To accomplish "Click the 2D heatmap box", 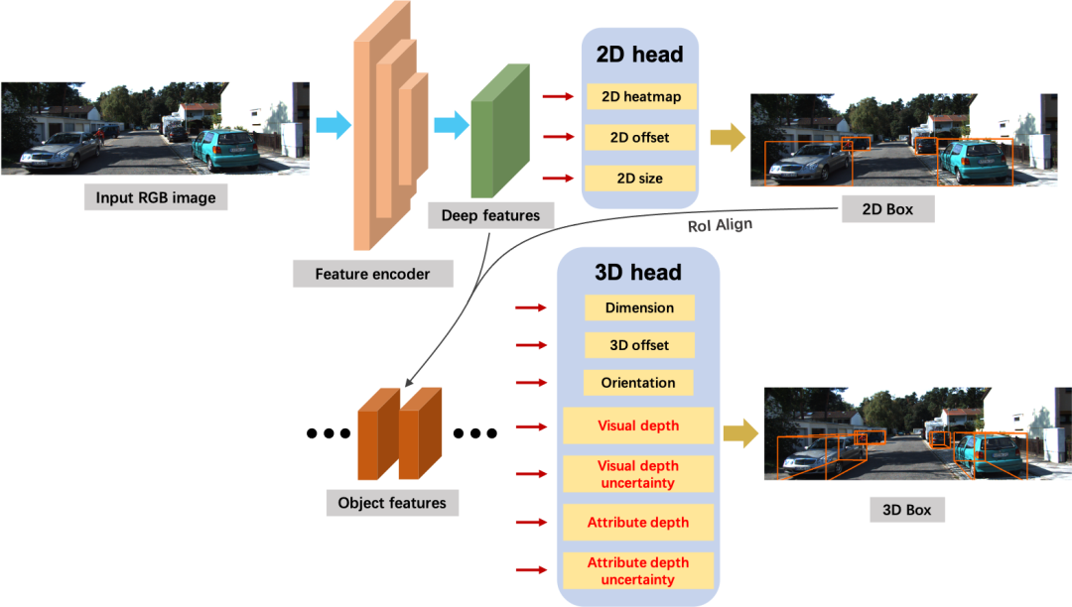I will pyautogui.click(x=640, y=96).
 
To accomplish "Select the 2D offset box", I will pyautogui.click(x=639, y=137).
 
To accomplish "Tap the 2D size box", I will pyautogui.click(x=639, y=179).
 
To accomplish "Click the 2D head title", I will pyautogui.click(x=639, y=55).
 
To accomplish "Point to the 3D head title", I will pyautogui.click(x=637, y=272).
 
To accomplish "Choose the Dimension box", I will pyautogui.click(x=639, y=307).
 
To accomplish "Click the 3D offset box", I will pyautogui.click(x=639, y=345).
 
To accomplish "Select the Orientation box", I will pyautogui.click(x=638, y=383).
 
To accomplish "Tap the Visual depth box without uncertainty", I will pyautogui.click(x=638, y=425).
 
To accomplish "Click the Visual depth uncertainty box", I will pyautogui.click(x=638, y=474).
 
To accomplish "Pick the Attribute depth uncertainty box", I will pyautogui.click(x=638, y=570).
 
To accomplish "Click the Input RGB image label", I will pyautogui.click(x=156, y=197).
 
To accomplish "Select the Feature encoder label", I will pyautogui.click(x=372, y=274).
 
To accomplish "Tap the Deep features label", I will pyautogui.click(x=490, y=215).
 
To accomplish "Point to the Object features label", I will pyautogui.click(x=392, y=503).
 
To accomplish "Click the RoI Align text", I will pyautogui.click(x=720, y=225).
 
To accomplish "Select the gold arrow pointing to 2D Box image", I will pyautogui.click(x=727, y=137).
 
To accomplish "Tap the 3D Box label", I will pyautogui.click(x=906, y=510).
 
